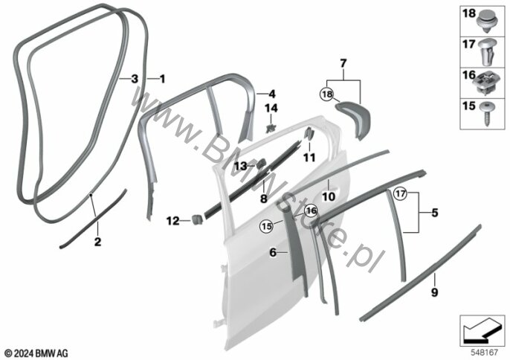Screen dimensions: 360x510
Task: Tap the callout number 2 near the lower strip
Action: tap(97, 242)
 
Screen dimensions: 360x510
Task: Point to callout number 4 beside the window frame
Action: tap(272, 94)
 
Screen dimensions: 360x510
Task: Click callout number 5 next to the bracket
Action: tap(435, 212)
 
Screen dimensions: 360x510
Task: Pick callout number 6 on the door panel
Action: tap(272, 253)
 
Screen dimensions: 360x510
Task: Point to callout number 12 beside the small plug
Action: tap(172, 220)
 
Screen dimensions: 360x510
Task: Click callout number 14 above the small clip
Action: tap(272, 109)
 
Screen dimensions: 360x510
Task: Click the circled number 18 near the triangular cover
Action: tap(328, 94)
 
